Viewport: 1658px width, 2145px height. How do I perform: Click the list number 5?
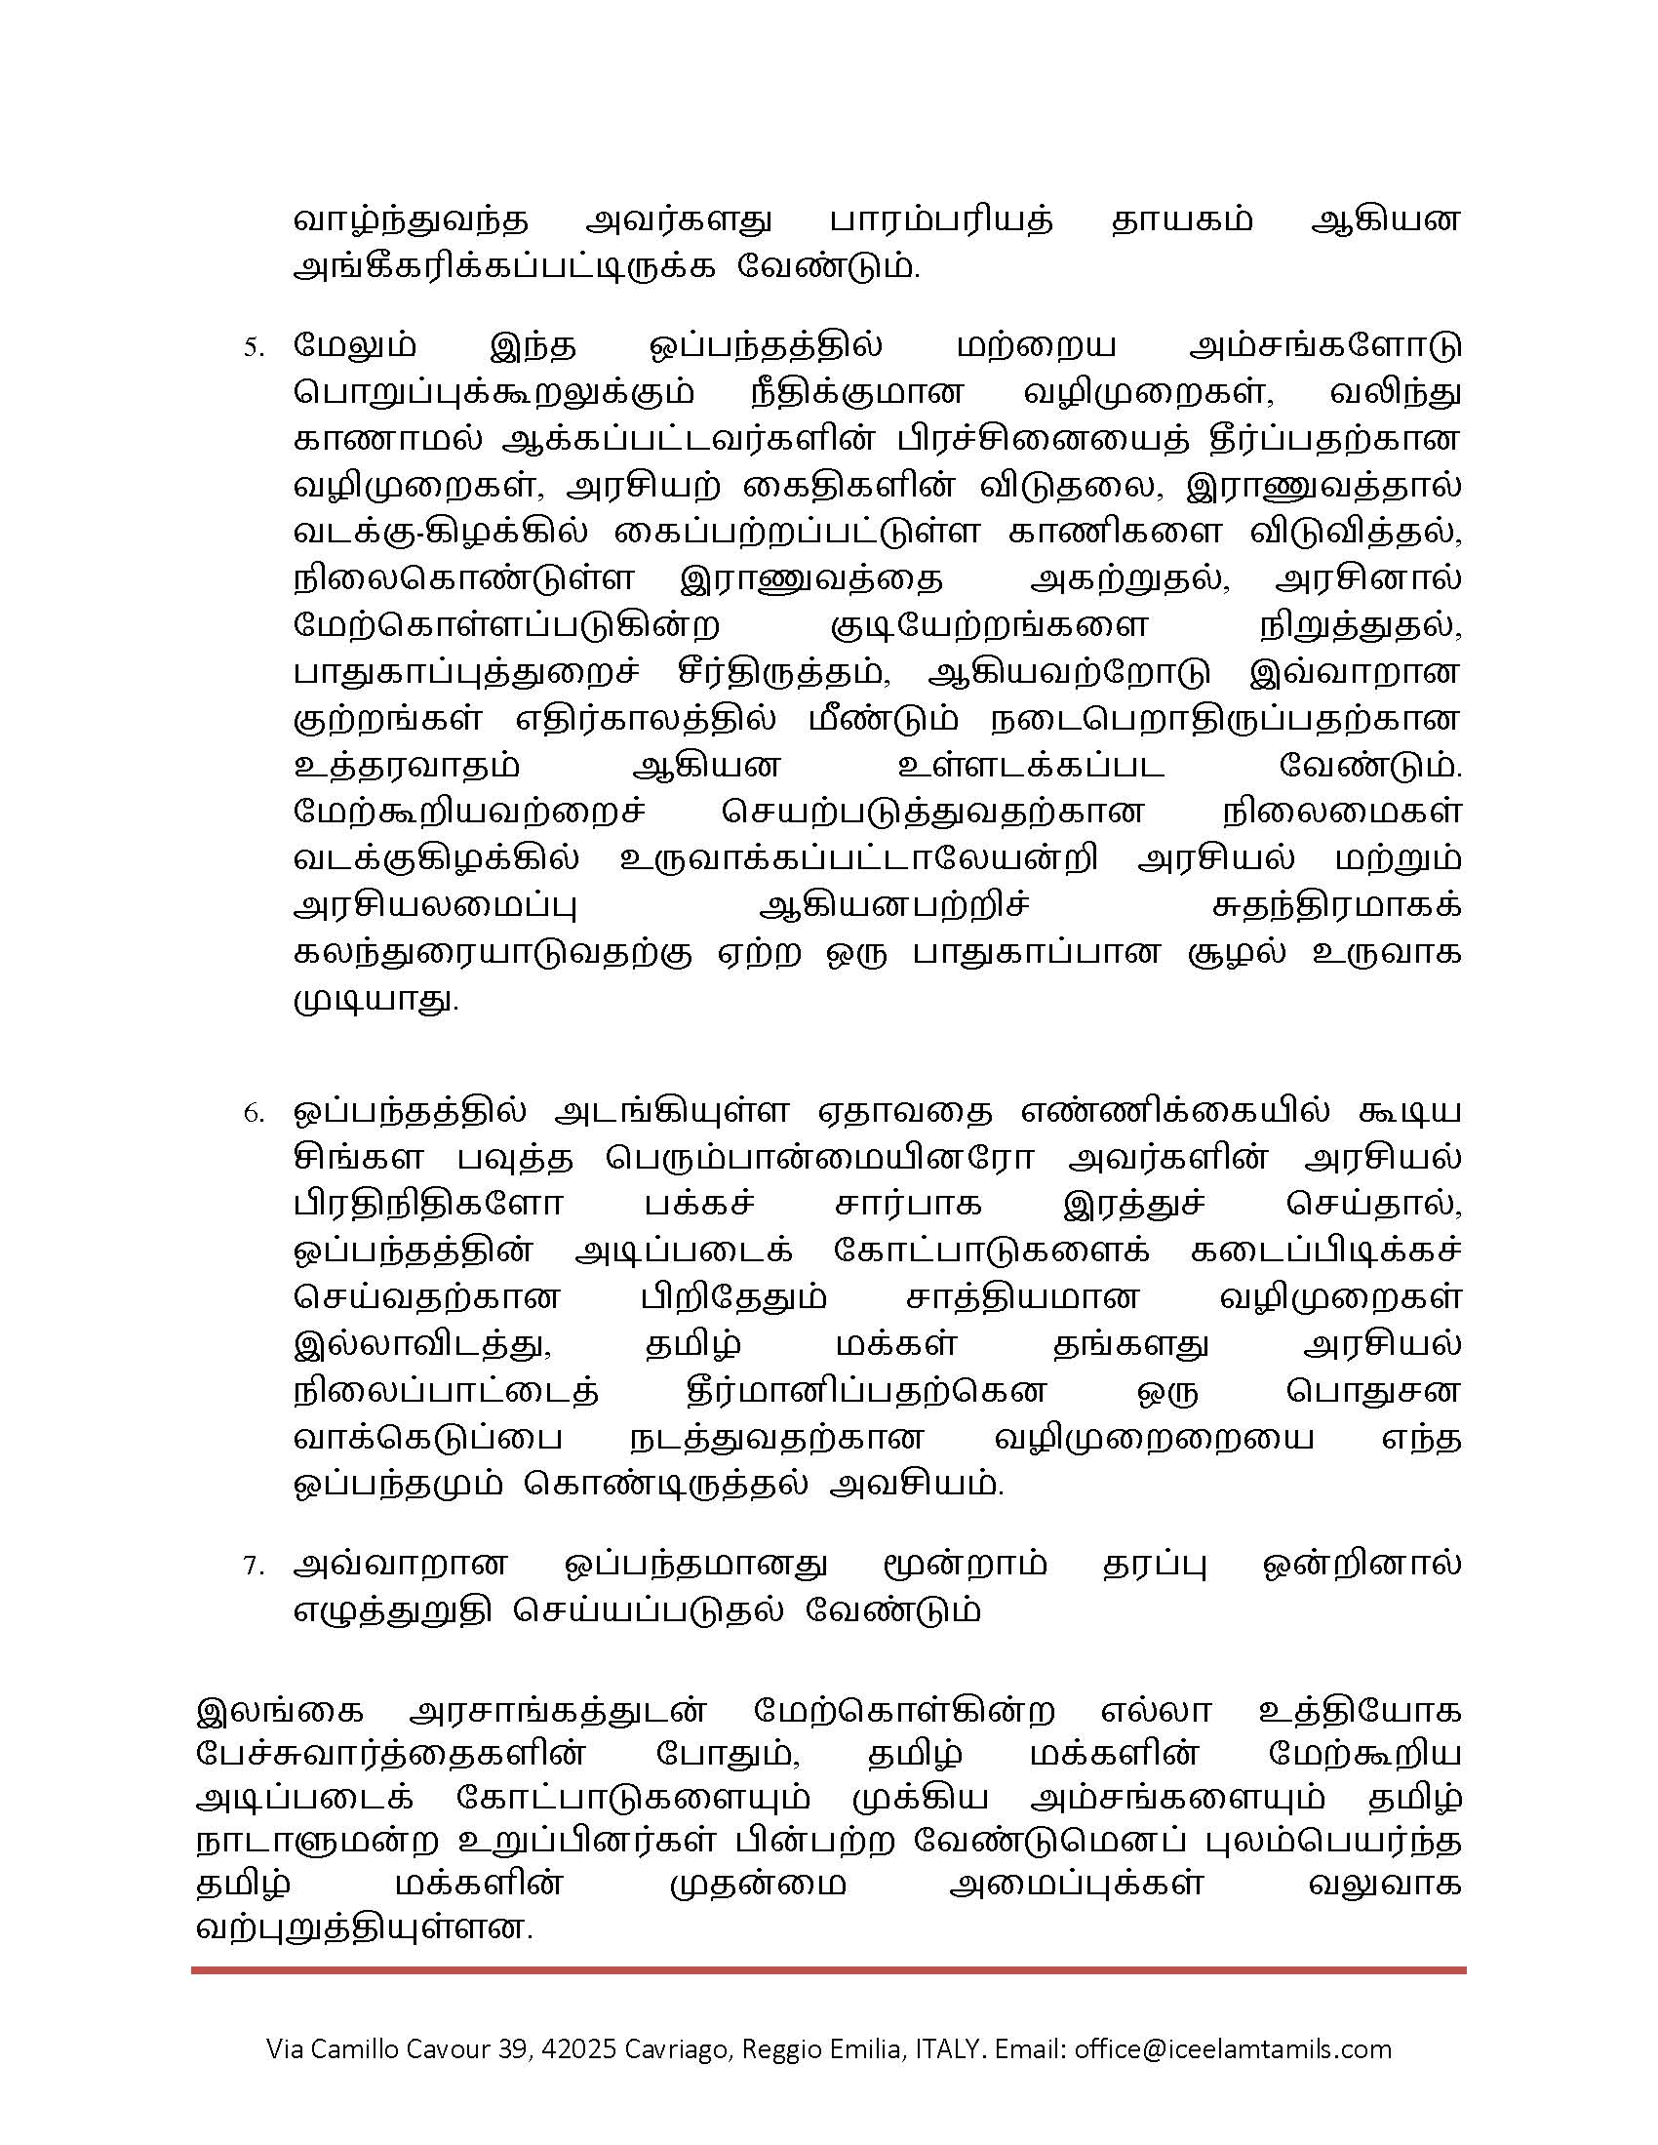click(x=254, y=348)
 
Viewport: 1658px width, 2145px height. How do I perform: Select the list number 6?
click(x=254, y=1114)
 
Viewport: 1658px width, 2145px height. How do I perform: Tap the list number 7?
click(x=254, y=1567)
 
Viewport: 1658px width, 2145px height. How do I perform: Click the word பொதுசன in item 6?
click(x=1371, y=1392)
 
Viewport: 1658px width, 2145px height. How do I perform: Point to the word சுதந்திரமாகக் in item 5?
click(x=1337, y=905)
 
